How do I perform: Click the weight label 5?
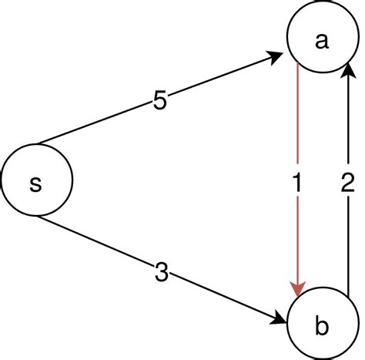(x=160, y=101)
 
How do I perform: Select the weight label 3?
(x=162, y=272)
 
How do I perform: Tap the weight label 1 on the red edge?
(x=296, y=184)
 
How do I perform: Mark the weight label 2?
(x=348, y=184)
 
